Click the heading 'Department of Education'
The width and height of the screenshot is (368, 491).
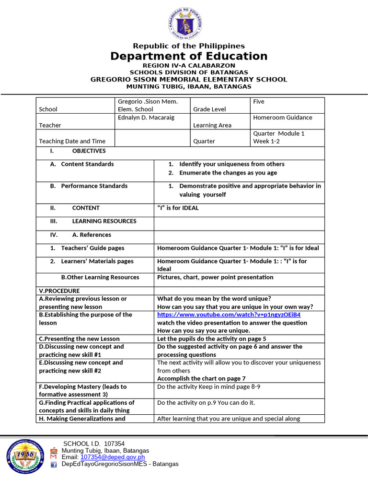[x=189, y=56]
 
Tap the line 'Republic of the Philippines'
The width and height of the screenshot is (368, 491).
[x=189, y=46]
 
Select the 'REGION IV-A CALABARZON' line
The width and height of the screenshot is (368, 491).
[x=189, y=65]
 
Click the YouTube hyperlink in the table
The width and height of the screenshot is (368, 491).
[x=229, y=315]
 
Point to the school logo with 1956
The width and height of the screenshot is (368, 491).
[x=26, y=456]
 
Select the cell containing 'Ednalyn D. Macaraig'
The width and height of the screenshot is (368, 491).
[x=146, y=117]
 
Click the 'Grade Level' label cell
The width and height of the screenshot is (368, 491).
[x=209, y=109]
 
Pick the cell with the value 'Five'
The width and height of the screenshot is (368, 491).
[x=259, y=102]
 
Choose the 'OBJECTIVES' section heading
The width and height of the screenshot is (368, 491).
[x=89, y=151]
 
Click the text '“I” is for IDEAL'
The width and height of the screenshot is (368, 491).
[x=178, y=208]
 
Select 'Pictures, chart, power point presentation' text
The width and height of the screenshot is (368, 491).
[x=215, y=277]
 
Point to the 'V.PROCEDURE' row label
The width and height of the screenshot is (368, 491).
[x=59, y=291]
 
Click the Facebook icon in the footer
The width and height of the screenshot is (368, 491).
[x=54, y=464]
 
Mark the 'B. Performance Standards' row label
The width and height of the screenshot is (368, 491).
[x=89, y=186]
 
